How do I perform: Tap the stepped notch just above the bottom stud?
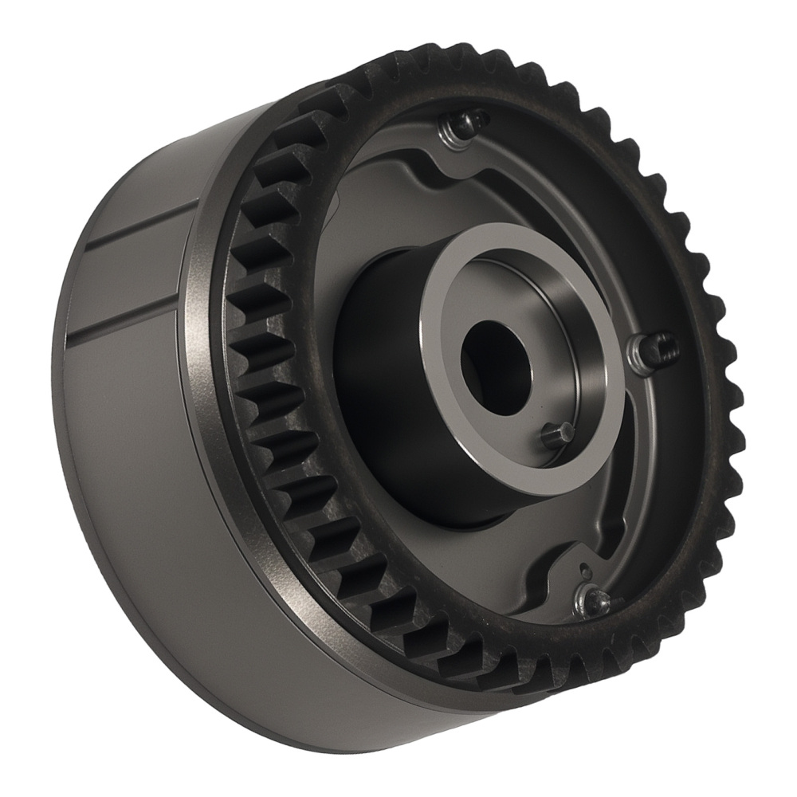[558, 558]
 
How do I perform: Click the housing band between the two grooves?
[128, 279]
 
